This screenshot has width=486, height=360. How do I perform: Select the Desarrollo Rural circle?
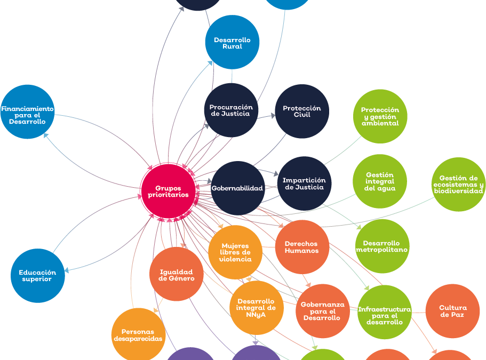coord(232,43)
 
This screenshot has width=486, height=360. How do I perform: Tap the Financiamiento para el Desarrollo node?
coord(27,112)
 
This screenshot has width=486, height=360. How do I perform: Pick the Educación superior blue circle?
coord(38,276)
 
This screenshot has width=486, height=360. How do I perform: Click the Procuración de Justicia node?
coord(231,110)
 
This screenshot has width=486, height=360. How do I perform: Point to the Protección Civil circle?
coord(302,111)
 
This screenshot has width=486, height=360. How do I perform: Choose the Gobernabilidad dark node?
coord(237,188)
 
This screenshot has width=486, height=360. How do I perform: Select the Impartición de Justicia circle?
coord(304,183)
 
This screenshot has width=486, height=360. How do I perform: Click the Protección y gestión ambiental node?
coord(380,116)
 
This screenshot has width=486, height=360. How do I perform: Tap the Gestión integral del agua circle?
coord(380,181)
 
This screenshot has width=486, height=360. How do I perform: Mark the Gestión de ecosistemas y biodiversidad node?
coord(458,185)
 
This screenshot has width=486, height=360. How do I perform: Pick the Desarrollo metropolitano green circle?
coord(382,246)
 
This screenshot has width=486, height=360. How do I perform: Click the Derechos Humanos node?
coord(302,247)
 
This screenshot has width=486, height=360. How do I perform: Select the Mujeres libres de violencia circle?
coord(235,252)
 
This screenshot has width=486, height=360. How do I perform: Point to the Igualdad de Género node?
coord(177,275)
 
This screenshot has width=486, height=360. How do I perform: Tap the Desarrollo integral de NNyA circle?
coord(256,308)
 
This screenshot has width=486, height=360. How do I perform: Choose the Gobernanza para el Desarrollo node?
coord(323,311)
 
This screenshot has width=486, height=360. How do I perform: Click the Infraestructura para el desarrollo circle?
coord(384,312)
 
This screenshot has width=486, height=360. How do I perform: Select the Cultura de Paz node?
coord(452,311)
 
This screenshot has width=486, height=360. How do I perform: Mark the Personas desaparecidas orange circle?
coord(138,334)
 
